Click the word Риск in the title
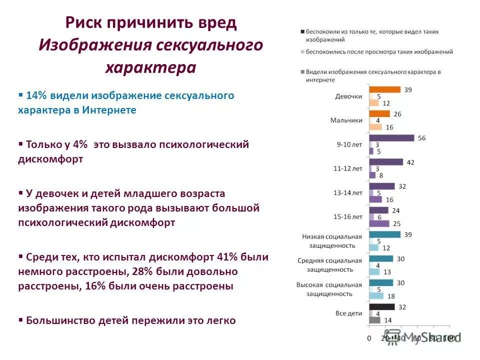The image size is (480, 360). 86,23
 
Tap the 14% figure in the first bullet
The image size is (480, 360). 35,95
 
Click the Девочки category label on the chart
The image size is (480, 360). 348,96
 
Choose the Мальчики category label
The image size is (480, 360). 346,120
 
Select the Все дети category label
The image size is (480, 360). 348,313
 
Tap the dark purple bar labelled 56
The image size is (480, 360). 391,138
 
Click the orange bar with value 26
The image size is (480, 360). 379,114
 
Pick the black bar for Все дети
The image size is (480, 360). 382,307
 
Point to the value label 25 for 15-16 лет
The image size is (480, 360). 395,223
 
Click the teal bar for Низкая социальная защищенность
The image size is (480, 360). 384,234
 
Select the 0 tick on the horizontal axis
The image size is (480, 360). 369,338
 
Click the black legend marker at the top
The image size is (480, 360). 302,31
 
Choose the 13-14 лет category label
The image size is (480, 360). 348,193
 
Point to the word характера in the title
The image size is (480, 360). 150,67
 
